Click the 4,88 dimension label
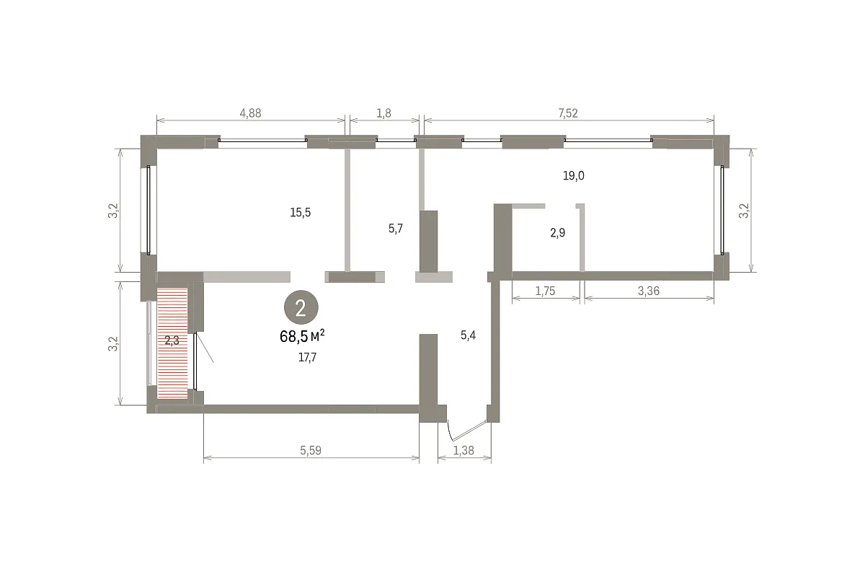coord(250,113)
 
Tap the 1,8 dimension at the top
coord(383,113)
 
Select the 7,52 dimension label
coord(568,113)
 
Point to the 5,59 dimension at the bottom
coord(311,450)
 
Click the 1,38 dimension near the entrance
coord(463,450)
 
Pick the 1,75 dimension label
coord(545,291)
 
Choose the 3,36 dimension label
coord(648,291)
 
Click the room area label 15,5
coord(301,212)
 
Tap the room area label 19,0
coord(574,176)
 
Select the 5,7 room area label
coord(396,229)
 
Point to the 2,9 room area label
coord(558,233)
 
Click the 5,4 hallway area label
coord(468,335)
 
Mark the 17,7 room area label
coord(307,358)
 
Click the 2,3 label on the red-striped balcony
coord(172,340)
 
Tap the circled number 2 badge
coord(301,307)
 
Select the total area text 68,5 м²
coord(302,336)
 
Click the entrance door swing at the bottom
coord(466,431)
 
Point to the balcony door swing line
coord(205,348)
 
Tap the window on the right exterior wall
coord(722,210)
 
